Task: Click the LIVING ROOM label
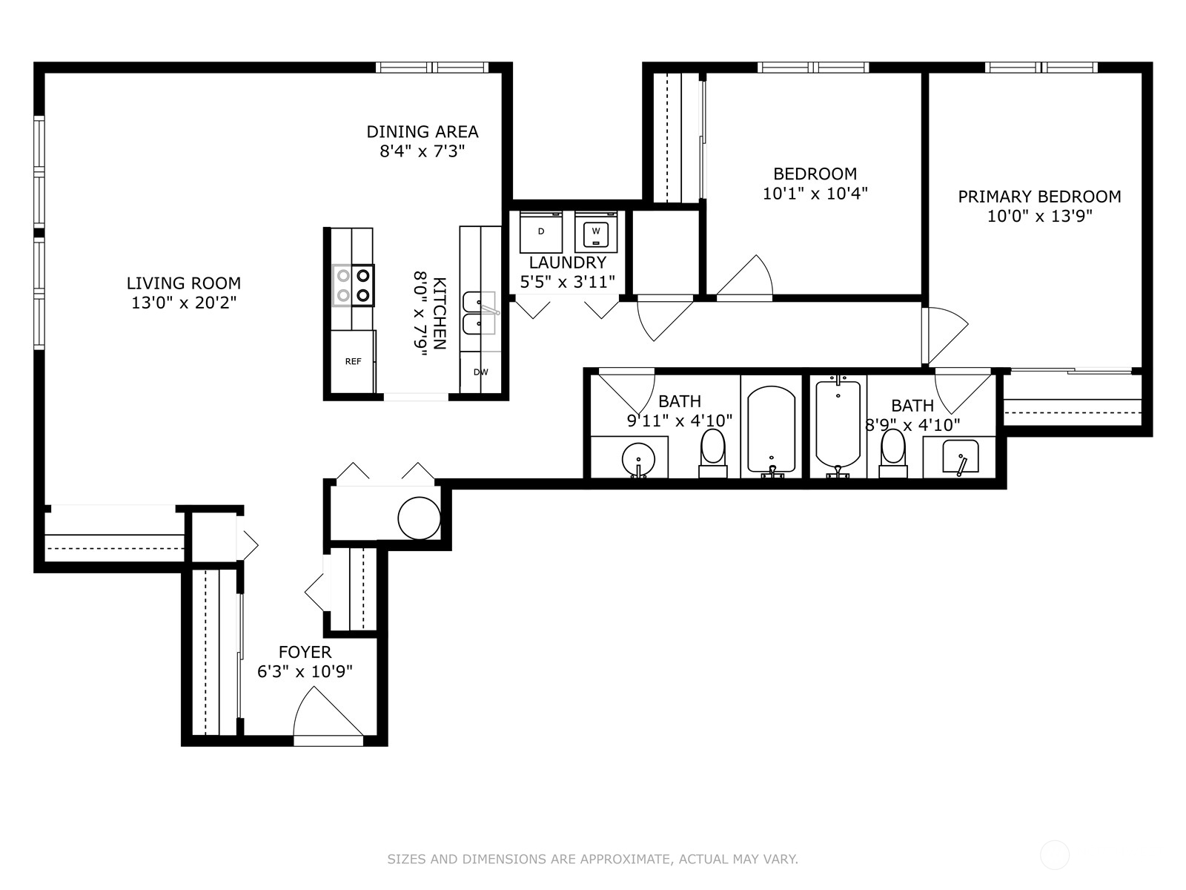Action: coord(184,283)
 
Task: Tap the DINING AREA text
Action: coord(423,132)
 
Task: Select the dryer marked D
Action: coord(541,232)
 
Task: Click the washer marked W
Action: coord(596,232)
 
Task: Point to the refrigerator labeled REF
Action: coord(353,361)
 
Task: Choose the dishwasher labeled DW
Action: coord(480,372)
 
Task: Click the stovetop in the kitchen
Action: coord(354,286)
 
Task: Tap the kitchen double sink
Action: coord(480,314)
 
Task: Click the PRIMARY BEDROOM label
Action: coord(1039,197)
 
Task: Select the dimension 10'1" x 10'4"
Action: coord(815,194)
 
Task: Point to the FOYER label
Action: coord(305,652)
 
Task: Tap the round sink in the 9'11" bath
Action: coord(638,460)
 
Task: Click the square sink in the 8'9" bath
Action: coord(960,457)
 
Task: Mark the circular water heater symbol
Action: coord(419,518)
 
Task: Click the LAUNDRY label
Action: coord(567,263)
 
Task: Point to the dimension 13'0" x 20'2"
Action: coord(184,303)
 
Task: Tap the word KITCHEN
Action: coord(440,314)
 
